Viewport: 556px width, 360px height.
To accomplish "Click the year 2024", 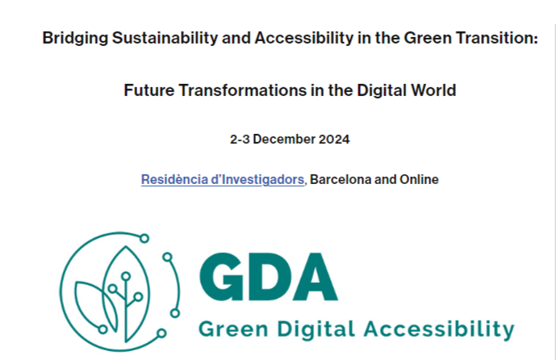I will click(333, 140).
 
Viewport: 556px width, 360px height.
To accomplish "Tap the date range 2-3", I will click(239, 140).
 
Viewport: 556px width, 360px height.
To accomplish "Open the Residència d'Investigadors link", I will click(223, 179).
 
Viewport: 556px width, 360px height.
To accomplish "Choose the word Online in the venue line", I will click(419, 179).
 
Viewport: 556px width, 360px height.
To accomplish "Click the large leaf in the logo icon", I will click(121, 283).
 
